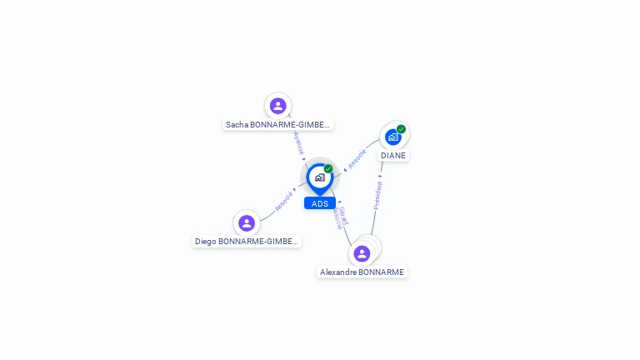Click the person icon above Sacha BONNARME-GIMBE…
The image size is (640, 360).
click(x=277, y=106)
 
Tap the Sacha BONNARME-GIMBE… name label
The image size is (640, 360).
click(x=278, y=125)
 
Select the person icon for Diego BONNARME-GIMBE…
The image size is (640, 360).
click(x=246, y=223)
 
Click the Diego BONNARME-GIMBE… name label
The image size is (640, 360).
click(x=246, y=242)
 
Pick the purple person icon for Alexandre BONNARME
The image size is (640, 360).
click(x=362, y=253)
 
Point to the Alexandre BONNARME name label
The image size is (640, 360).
click(x=362, y=272)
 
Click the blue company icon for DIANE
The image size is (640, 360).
click(x=392, y=137)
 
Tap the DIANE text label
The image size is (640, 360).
click(x=393, y=156)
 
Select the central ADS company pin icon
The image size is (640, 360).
click(x=319, y=177)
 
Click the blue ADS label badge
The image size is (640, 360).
click(x=320, y=203)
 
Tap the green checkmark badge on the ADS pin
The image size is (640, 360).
click(x=328, y=169)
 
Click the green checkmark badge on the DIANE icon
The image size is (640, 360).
click(x=401, y=129)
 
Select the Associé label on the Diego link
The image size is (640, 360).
click(x=284, y=201)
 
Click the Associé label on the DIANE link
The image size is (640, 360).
click(x=357, y=158)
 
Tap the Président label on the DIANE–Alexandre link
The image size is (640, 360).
click(x=377, y=193)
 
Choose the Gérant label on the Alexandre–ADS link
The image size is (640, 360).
click(x=343, y=215)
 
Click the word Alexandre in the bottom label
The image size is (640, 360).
click(x=337, y=272)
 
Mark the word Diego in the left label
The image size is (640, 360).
click(x=205, y=242)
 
